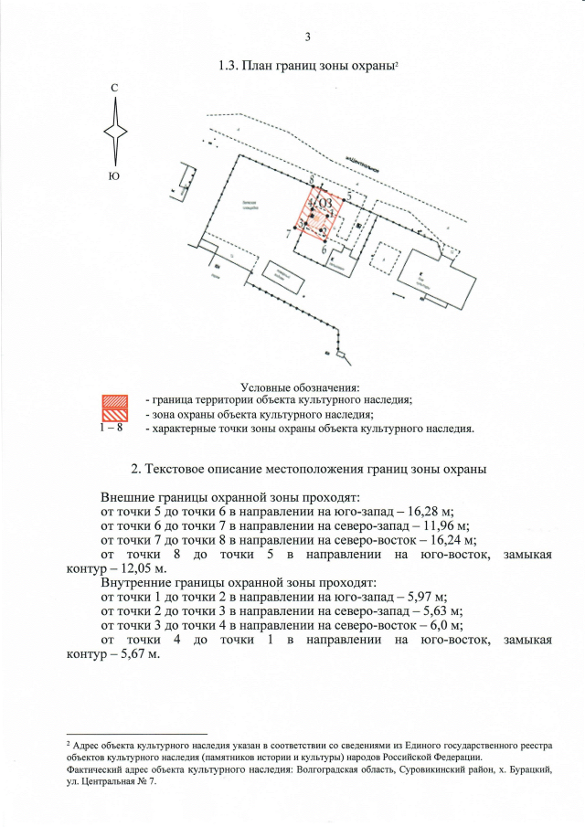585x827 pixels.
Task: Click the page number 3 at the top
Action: (308, 37)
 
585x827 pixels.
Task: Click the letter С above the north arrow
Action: (114, 88)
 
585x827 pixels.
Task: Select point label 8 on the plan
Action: (313, 178)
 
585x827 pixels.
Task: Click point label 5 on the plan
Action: (349, 196)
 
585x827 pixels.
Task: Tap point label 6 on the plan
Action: (324, 247)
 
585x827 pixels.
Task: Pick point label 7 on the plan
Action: (289, 234)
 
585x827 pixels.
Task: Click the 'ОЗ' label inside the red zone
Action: (324, 202)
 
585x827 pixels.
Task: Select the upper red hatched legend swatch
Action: (113, 400)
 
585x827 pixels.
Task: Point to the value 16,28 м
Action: (429, 512)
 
